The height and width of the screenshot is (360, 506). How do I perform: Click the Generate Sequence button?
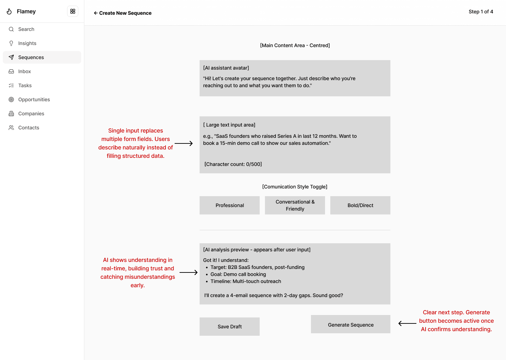click(x=350, y=324)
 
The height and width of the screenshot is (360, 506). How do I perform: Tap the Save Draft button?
click(x=229, y=327)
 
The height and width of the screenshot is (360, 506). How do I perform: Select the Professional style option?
click(x=229, y=205)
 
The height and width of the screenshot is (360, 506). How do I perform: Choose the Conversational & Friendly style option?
click(x=295, y=205)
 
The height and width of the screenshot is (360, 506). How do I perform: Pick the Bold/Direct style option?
click(x=360, y=205)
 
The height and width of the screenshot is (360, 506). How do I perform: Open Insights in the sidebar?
click(x=27, y=43)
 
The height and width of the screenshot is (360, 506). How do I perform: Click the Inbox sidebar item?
click(x=24, y=71)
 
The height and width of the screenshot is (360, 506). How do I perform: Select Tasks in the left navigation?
click(x=25, y=85)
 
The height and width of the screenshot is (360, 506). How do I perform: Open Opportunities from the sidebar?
click(x=34, y=99)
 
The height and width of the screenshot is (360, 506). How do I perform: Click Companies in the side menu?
click(x=31, y=114)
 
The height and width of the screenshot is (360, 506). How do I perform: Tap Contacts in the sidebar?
click(x=28, y=128)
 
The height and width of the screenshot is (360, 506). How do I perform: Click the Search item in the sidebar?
click(x=26, y=29)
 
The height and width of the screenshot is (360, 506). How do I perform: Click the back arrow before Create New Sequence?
click(x=96, y=13)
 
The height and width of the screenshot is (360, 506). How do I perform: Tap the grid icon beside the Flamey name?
click(x=73, y=11)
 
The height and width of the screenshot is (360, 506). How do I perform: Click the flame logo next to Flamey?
click(x=9, y=11)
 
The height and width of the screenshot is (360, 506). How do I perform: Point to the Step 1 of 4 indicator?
click(x=481, y=12)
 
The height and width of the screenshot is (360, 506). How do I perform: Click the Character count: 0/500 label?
click(x=233, y=164)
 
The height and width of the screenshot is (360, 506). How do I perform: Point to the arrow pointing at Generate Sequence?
click(x=407, y=323)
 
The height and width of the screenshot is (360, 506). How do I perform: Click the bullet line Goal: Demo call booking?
click(x=238, y=274)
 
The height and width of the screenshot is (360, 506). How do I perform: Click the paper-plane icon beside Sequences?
click(x=11, y=57)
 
